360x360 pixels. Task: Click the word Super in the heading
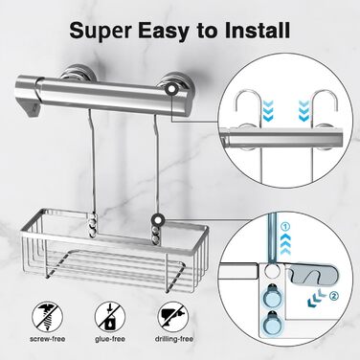101,31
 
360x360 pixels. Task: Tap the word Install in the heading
258,30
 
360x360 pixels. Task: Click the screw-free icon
47,317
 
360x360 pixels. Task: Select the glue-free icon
110,317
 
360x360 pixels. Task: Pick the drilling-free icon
173,317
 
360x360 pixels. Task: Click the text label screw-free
47,339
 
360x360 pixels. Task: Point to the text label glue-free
110,339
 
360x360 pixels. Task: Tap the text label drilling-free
174,339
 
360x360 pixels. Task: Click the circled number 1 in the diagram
286,227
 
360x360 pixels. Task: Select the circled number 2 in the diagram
332,296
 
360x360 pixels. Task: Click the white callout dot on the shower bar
172,90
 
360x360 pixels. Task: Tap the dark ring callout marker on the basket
158,219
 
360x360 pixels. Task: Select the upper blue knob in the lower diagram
270,295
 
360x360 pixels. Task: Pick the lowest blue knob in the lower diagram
270,323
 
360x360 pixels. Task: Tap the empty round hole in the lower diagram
270,271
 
